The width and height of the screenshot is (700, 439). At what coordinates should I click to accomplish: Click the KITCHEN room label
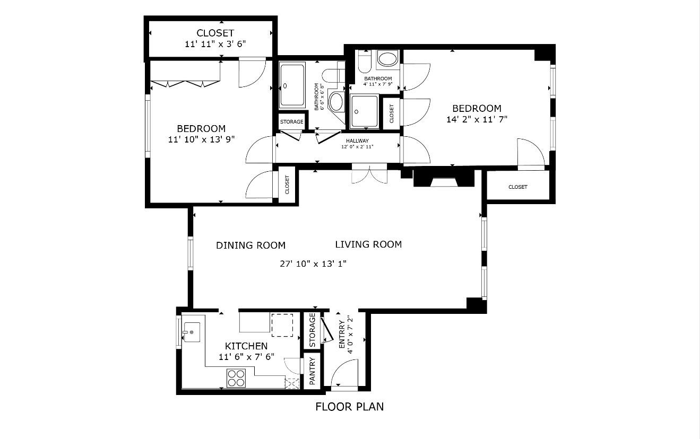246,346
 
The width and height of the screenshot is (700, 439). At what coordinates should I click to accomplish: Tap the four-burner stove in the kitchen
236,378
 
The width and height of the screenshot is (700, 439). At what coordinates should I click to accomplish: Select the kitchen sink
191,332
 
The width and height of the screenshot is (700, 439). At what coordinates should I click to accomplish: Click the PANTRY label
312,371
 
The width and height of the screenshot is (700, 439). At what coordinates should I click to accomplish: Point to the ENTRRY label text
341,335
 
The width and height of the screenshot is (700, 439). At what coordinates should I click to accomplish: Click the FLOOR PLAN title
349,407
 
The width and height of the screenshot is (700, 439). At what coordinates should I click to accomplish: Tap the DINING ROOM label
250,245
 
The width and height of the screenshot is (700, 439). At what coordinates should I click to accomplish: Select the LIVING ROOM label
368,244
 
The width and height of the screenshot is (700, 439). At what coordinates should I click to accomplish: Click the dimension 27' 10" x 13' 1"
313,264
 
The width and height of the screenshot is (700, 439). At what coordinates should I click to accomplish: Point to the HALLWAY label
357,141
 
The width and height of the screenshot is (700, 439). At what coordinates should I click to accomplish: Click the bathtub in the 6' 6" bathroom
292,85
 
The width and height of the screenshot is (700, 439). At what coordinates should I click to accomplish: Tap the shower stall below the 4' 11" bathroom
364,111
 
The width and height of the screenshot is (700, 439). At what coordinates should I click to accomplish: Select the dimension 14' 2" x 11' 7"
477,119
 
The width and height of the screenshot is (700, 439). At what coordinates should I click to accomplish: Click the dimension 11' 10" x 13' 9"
201,139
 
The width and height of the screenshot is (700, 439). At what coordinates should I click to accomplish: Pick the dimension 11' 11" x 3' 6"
215,43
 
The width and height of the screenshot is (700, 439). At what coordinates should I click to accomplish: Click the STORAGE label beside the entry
312,330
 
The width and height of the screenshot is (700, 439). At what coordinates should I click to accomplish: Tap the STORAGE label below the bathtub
291,122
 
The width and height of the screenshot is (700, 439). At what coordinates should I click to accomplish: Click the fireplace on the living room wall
444,178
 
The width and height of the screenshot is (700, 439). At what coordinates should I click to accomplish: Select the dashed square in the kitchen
282,325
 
